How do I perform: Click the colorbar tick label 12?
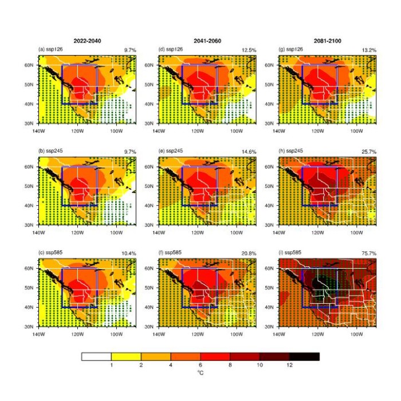pos(289,364)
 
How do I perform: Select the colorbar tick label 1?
pos(111,364)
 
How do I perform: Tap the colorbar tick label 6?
pos(200,364)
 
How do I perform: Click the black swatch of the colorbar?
pos(304,356)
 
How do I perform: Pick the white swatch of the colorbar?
pos(96,356)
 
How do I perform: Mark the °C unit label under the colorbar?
pos(200,373)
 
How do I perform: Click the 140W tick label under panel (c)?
pos(39,332)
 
